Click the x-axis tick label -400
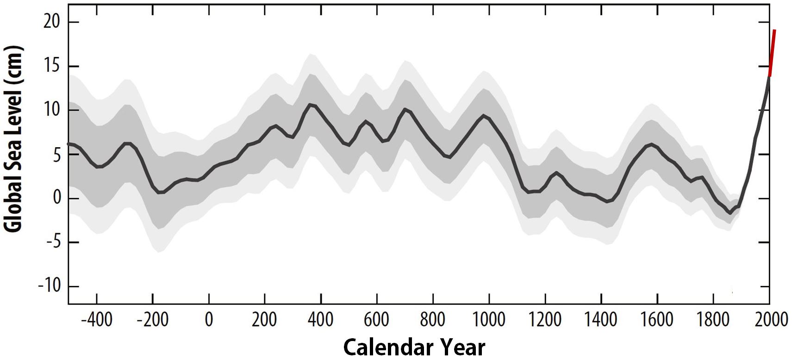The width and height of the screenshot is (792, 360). [96, 320]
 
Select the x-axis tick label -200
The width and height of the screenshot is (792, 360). [152, 320]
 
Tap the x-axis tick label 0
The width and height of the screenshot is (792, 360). [209, 320]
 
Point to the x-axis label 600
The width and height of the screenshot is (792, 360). [376, 320]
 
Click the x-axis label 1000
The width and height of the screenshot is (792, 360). [488, 320]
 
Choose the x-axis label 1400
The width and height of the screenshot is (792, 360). [601, 320]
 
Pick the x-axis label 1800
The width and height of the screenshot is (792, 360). [713, 320]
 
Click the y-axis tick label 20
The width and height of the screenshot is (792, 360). [52, 21]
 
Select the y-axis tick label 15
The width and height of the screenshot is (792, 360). [52, 66]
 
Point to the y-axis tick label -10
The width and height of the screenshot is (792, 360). [50, 286]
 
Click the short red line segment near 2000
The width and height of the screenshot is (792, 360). [772, 53]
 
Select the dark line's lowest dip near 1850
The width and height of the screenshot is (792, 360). [730, 213]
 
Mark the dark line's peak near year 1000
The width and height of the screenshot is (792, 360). [483, 116]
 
